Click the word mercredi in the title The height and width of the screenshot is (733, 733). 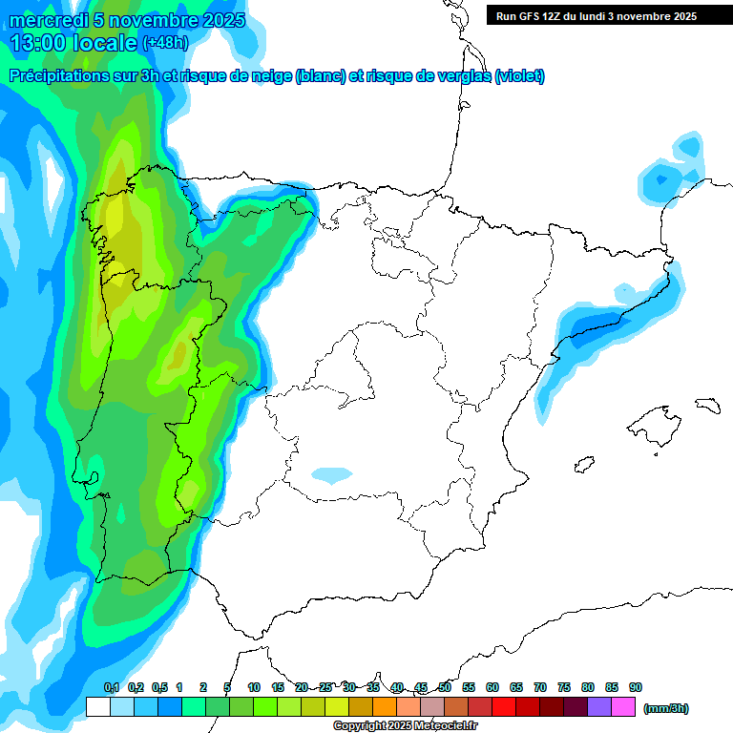point(48,20)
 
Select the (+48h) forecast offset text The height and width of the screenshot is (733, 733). point(165,43)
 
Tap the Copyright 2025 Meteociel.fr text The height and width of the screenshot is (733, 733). point(405,726)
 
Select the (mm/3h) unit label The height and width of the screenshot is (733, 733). point(665,708)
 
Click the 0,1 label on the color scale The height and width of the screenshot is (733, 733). point(111,687)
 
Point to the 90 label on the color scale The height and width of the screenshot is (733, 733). point(635,687)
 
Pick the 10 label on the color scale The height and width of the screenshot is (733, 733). point(254,687)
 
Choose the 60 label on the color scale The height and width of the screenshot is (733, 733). point(492,687)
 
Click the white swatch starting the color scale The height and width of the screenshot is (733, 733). point(97,707)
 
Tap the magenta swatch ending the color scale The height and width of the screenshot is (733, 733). point(623,707)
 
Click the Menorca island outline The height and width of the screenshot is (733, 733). point(706,405)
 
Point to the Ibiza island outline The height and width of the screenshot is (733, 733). point(584,465)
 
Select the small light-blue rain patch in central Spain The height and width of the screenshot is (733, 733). point(332,474)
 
